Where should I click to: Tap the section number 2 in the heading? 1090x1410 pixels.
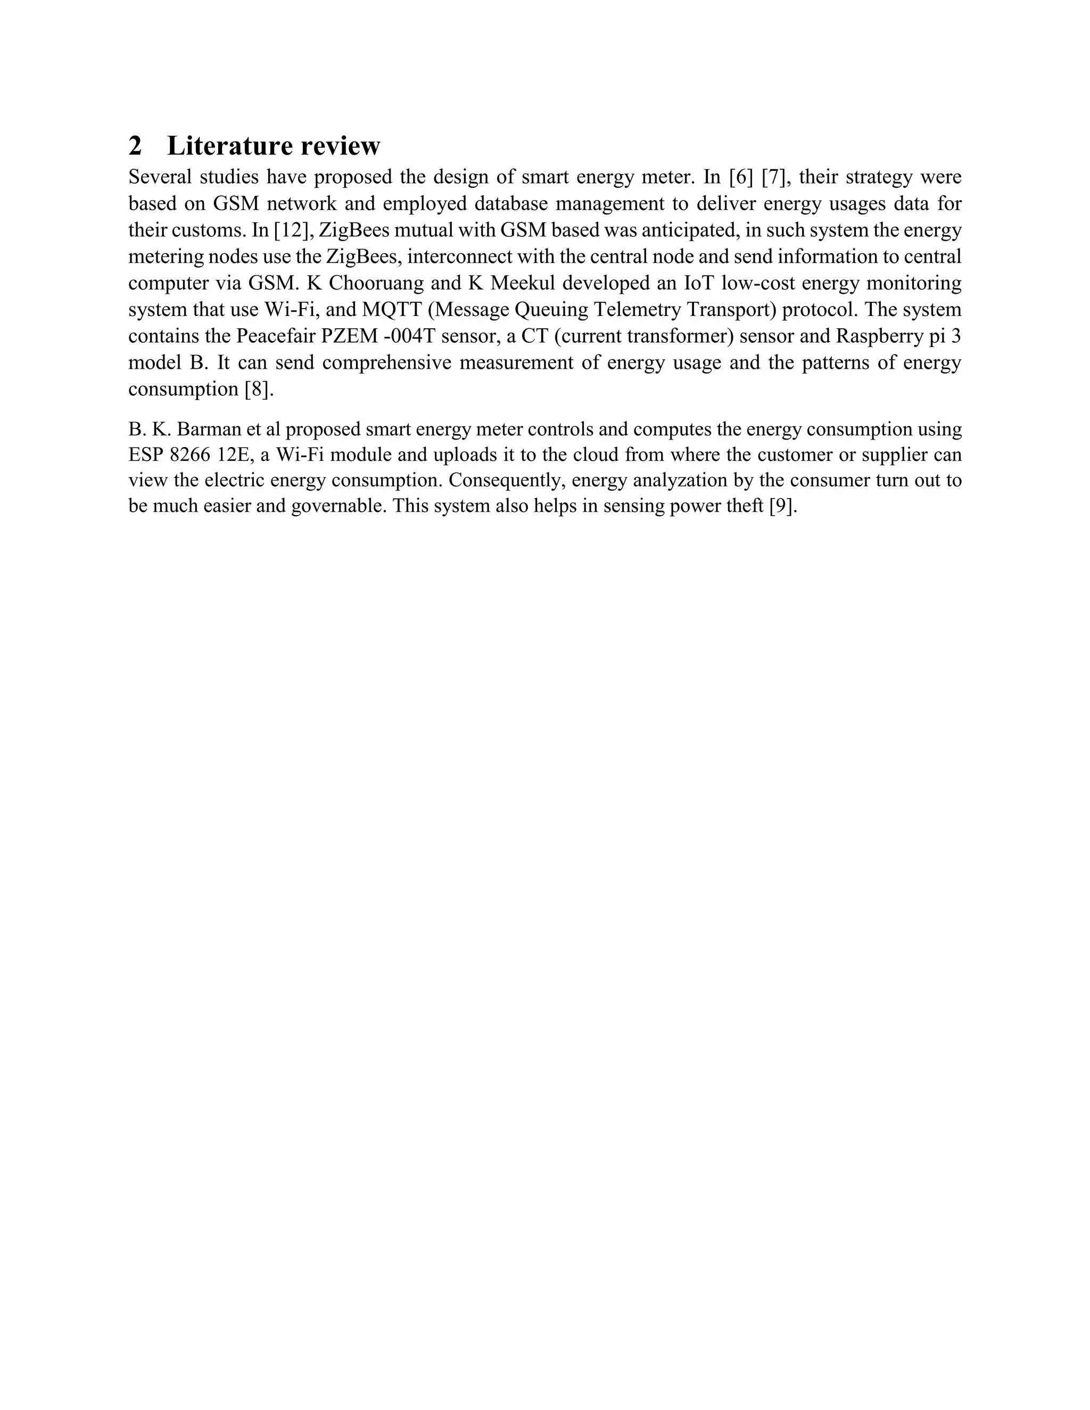[x=135, y=146]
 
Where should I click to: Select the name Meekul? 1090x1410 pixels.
[x=535, y=283]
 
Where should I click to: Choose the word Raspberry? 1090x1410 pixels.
[x=881, y=336]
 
